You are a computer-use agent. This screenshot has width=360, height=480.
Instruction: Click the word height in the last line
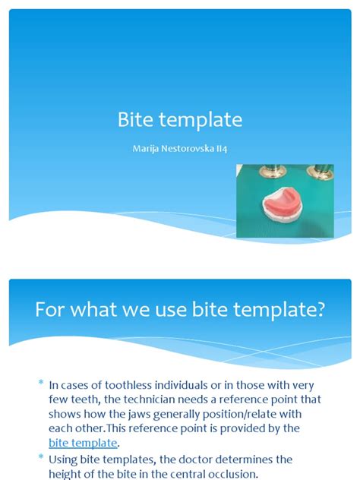(x=67, y=474)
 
